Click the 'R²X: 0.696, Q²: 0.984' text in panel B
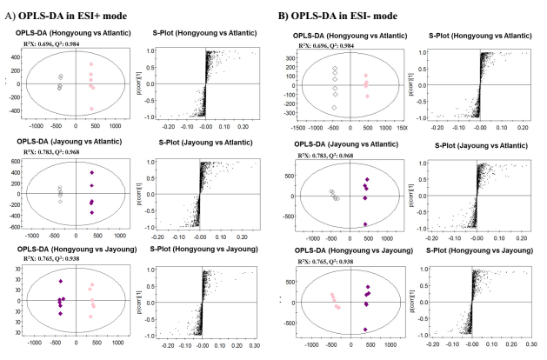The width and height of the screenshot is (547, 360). pyautogui.click(x=338, y=45)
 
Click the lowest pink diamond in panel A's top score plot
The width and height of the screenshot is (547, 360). pyautogui.click(x=92, y=109)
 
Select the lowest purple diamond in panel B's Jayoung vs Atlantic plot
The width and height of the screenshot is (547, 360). pyautogui.click(x=366, y=223)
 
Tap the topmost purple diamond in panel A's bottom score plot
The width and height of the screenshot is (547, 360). pyautogui.click(x=61, y=281)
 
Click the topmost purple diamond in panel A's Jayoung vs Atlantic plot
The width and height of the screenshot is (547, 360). pyautogui.click(x=92, y=173)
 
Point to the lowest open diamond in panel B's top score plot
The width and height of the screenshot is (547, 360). pyautogui.click(x=333, y=108)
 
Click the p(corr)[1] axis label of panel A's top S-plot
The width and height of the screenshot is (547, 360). pyautogui.click(x=141, y=83)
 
